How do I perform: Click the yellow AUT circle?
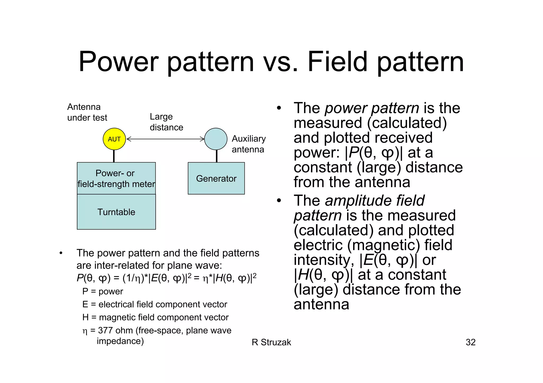point(114,139)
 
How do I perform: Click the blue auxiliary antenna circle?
point(216,139)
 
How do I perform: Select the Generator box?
point(216,178)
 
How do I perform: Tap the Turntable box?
point(116,212)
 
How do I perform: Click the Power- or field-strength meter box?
point(116,178)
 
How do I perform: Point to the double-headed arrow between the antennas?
point(166,139)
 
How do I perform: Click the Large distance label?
point(166,122)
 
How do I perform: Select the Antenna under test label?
point(87,112)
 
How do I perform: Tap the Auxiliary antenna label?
point(248,144)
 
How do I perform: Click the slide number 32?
point(470,342)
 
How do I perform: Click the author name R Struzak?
point(271,342)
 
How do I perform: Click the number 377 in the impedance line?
point(106,331)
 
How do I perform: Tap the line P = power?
point(103,291)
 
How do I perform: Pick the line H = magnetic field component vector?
point(155,317)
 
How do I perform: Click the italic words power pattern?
point(372,108)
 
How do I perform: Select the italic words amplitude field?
point(374,201)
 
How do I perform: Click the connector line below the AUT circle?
point(114,156)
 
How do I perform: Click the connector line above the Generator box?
point(217,156)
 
